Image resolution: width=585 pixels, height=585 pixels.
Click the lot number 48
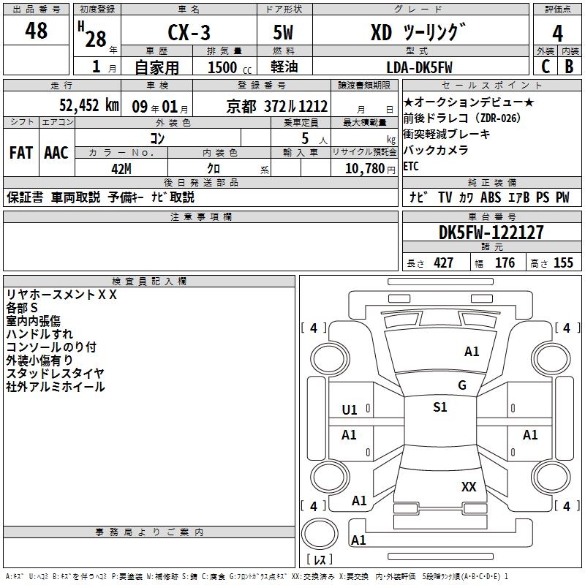[36, 31]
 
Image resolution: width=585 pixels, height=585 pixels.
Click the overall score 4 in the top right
[558, 33]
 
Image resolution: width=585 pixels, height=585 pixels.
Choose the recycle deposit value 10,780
[363, 168]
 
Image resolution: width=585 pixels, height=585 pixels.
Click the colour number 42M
[121, 168]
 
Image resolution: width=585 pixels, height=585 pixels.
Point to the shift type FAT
[21, 153]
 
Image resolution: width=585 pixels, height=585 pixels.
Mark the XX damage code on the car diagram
[469, 486]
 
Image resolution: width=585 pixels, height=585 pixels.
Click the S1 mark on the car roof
[439, 407]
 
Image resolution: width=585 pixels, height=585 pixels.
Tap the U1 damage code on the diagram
[350, 410]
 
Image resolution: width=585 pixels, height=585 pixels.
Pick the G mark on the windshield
[461, 385]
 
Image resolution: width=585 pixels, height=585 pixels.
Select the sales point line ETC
[412, 166]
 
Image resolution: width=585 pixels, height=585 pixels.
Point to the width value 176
[505, 263]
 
